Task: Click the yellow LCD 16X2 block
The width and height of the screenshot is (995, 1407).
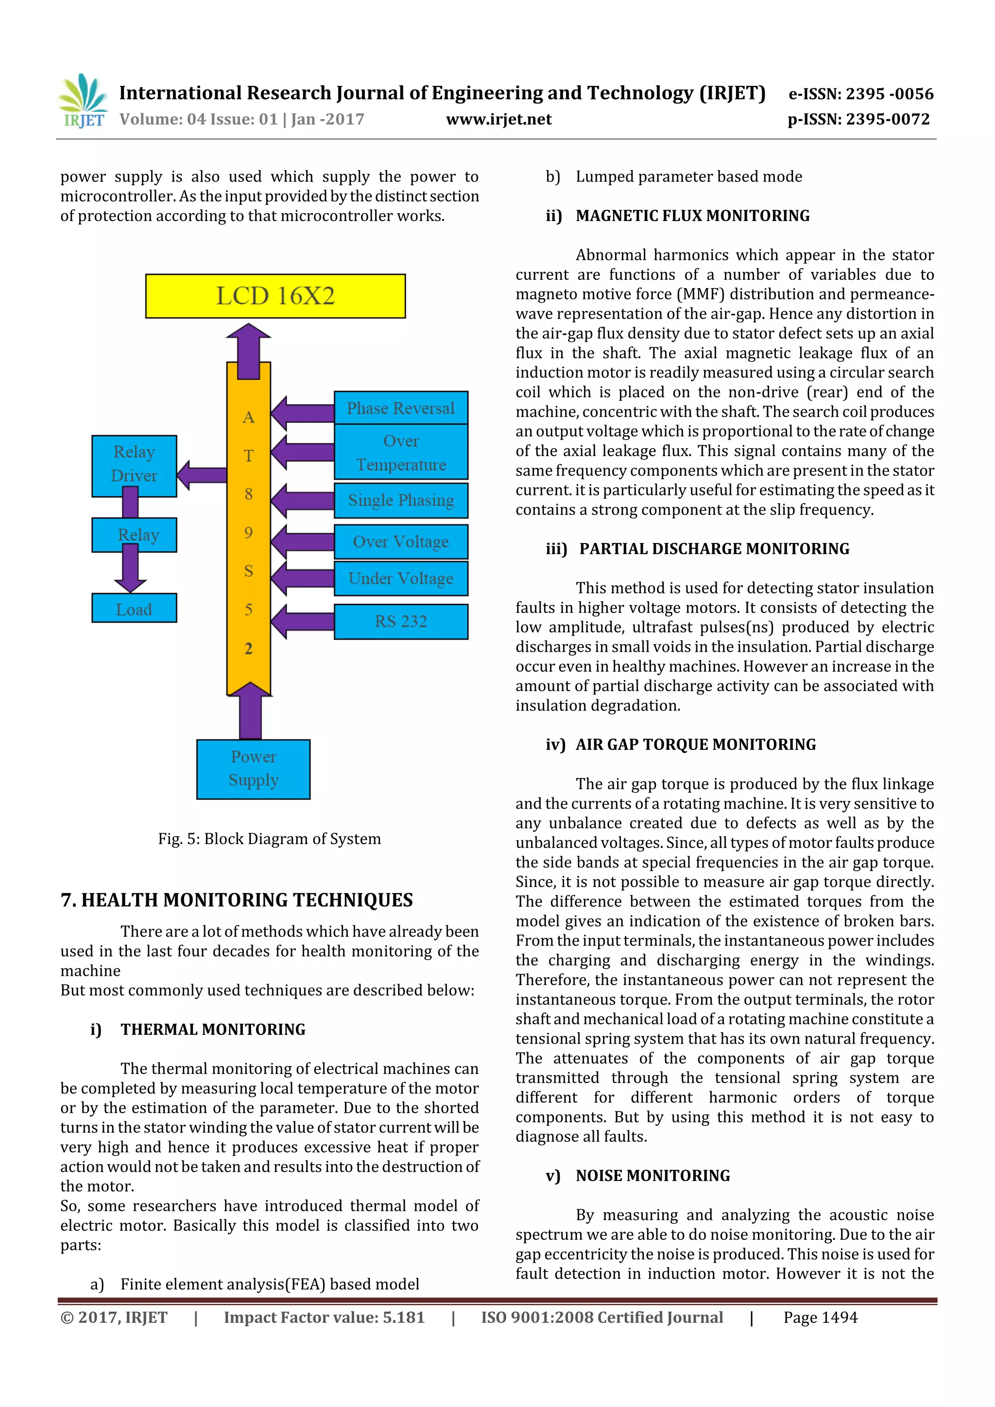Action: click(275, 296)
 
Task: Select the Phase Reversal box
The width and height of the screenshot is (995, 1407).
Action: click(401, 408)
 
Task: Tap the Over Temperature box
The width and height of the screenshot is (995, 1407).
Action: click(401, 452)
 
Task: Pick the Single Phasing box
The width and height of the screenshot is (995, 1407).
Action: click(401, 500)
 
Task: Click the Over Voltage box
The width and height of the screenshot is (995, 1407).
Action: click(401, 542)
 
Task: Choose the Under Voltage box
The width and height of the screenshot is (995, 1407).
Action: click(401, 578)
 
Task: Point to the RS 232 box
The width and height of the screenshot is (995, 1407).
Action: click(401, 621)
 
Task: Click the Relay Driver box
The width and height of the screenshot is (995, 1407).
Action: click(134, 464)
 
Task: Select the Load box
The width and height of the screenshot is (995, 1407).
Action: click(134, 609)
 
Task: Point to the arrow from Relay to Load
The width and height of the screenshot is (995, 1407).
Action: click(130, 567)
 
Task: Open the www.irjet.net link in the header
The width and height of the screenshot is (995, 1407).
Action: click(498, 119)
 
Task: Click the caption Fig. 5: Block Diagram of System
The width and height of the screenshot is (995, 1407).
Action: click(269, 838)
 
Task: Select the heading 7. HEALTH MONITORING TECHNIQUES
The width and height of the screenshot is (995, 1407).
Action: click(237, 899)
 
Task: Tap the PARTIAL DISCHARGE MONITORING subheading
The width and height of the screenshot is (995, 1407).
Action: click(714, 549)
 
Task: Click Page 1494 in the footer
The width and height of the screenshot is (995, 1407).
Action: click(820, 1318)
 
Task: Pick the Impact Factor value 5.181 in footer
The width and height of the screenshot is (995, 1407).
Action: click(325, 1318)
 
